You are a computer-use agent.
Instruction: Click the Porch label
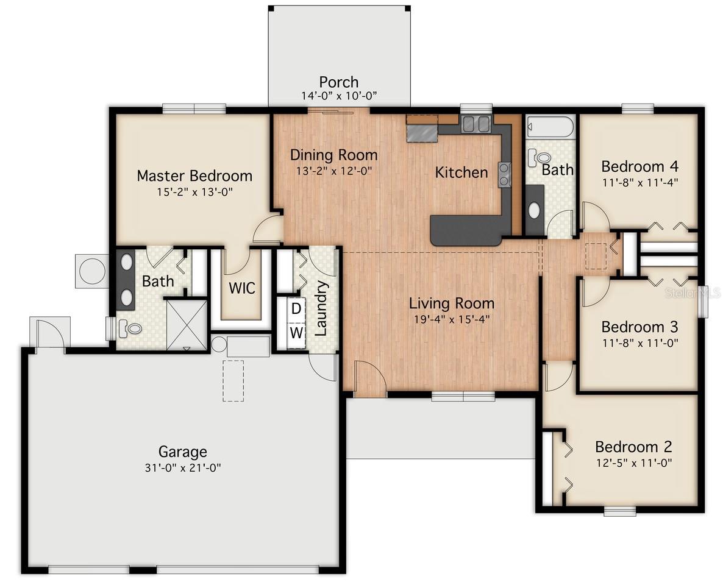point(338,82)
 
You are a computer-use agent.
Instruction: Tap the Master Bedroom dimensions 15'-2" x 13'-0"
point(194,191)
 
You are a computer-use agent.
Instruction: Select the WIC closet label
point(242,288)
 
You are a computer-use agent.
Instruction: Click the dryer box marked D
point(296,308)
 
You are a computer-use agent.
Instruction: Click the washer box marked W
point(296,333)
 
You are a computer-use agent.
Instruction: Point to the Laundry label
point(321,308)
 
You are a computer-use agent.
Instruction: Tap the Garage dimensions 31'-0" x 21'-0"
point(182,467)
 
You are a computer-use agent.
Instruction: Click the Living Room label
point(451,303)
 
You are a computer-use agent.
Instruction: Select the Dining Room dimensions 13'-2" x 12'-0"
point(333,171)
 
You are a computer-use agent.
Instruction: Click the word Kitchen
point(461,172)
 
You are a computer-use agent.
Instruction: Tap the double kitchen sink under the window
point(476,124)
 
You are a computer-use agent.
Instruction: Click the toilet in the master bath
point(130,328)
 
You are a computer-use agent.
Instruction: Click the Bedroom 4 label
point(639,166)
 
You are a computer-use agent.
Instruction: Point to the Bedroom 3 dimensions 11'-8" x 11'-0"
point(639,342)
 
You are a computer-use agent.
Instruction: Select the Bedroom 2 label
point(633,447)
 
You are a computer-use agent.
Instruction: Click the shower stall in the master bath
point(187,322)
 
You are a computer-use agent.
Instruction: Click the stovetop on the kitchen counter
point(505,174)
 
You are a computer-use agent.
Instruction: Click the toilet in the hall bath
point(536,158)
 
